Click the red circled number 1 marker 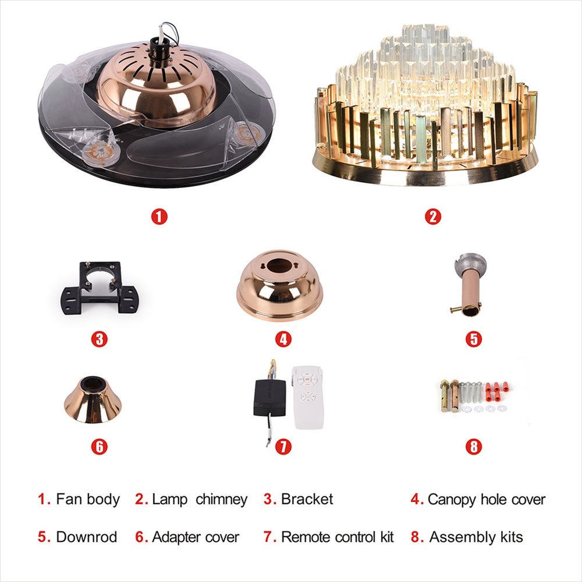click(x=159, y=217)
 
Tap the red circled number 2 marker click(x=433, y=217)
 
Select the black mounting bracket click(x=100, y=288)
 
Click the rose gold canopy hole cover click(x=279, y=285)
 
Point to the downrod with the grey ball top click(x=468, y=285)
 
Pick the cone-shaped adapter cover click(x=93, y=400)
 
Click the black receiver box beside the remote click(x=270, y=398)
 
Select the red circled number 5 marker click(x=474, y=339)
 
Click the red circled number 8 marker click(x=474, y=446)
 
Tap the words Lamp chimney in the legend click(x=200, y=499)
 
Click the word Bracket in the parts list click(x=307, y=499)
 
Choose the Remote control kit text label click(x=338, y=537)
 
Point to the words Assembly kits click(x=476, y=537)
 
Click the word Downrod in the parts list click(x=87, y=537)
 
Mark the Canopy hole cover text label click(x=487, y=499)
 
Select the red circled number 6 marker click(x=99, y=446)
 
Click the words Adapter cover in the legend click(x=196, y=537)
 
